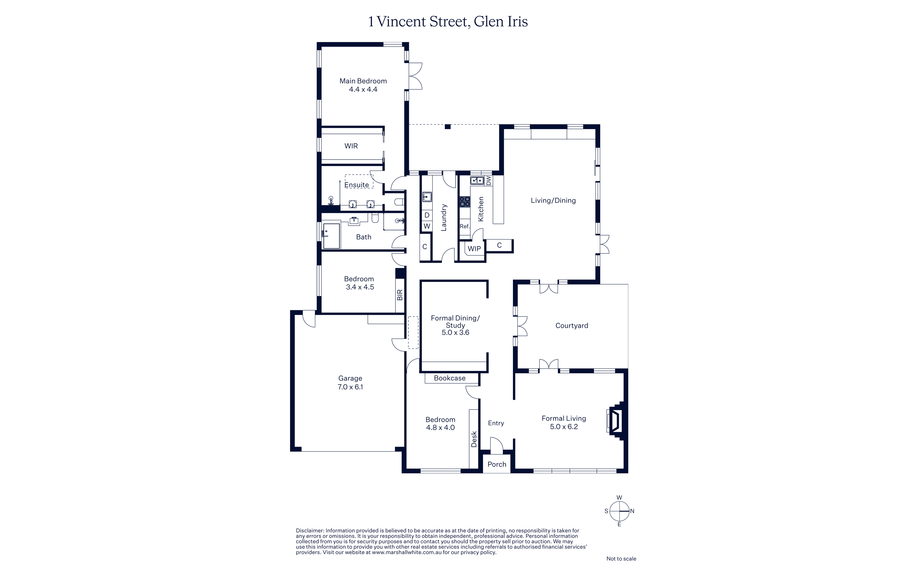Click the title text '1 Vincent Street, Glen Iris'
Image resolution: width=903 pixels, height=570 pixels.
(448, 21)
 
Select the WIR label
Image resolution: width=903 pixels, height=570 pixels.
(351, 146)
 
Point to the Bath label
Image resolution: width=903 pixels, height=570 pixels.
(364, 237)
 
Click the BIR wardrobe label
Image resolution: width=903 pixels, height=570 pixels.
(400, 295)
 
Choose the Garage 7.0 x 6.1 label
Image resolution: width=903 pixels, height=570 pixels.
(350, 382)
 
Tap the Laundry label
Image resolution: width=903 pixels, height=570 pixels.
(444, 218)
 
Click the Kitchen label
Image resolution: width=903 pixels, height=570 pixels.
(481, 209)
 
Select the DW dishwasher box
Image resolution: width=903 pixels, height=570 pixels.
(488, 181)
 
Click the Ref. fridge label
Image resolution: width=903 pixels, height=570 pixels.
(465, 226)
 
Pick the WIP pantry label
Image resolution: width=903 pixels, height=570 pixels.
(474, 249)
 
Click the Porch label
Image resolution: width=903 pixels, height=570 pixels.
(497, 464)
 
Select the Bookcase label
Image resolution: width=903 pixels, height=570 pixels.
(450, 378)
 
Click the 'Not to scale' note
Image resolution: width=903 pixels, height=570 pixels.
(621, 559)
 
